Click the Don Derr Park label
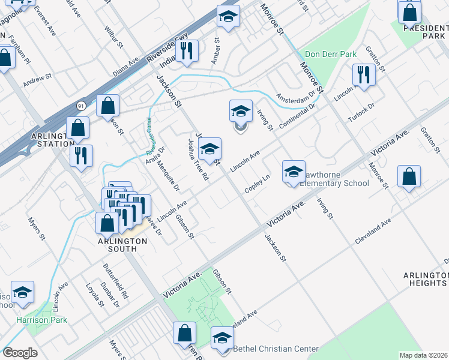[331, 54]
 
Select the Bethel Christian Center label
[276, 349]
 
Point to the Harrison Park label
[41, 320]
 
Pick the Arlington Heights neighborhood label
[426, 279]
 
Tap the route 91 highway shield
[81, 106]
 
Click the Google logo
[20, 353]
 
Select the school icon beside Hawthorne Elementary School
[294, 172]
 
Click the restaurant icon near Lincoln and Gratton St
[363, 74]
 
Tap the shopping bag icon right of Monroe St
[408, 177]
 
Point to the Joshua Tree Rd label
[197, 160]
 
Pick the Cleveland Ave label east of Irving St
[373, 229]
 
